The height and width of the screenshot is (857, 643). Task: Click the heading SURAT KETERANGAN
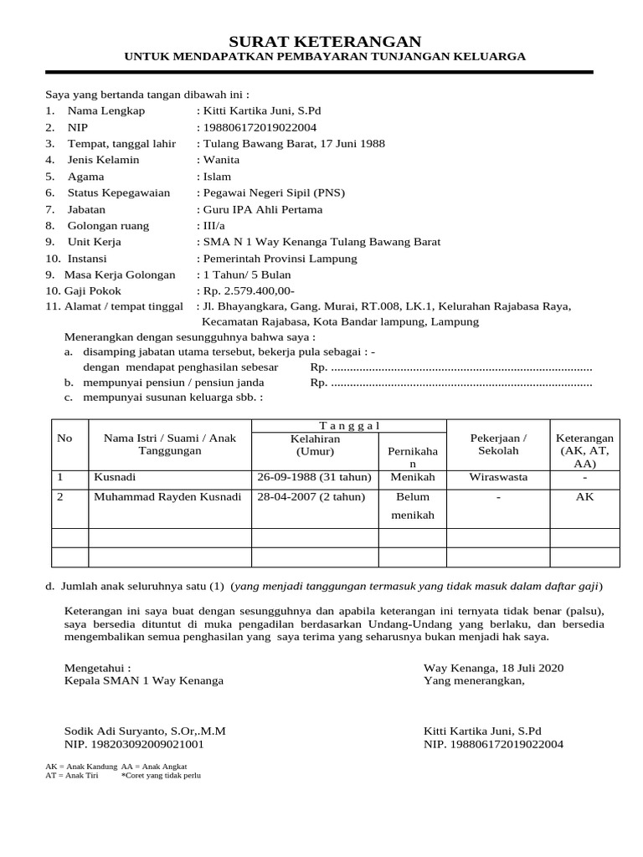[326, 41]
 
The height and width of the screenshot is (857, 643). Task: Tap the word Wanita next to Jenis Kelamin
[221, 160]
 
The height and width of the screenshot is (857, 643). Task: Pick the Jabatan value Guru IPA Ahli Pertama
[262, 209]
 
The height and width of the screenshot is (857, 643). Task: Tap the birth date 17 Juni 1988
[345, 144]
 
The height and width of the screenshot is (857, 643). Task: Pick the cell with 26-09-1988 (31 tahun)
[314, 477]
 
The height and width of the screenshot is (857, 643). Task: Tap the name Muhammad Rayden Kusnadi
[167, 496]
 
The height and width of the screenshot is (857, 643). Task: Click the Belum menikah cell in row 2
[413, 505]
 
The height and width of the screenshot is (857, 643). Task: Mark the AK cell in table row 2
[584, 496]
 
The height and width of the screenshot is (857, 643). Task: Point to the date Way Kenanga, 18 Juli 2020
[494, 667]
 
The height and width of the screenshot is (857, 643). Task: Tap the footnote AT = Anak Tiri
[72, 775]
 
